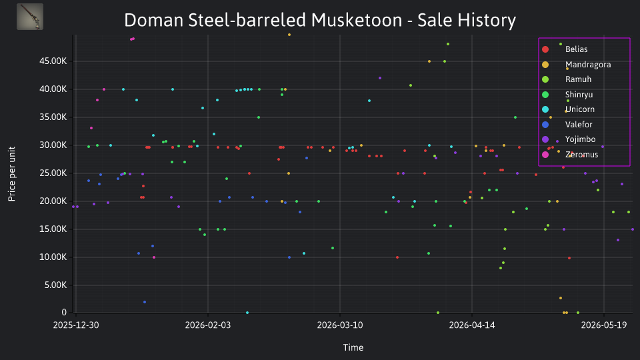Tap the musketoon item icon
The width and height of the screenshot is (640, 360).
click(30, 17)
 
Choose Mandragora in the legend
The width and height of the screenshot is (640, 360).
click(576, 65)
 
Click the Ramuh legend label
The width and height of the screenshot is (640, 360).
click(567, 79)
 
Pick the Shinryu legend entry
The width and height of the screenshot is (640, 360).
click(567, 95)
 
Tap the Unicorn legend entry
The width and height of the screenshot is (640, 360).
click(568, 109)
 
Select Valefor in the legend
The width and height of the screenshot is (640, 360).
click(567, 125)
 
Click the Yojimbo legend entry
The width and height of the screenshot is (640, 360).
click(569, 139)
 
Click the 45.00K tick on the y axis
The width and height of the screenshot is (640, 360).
click(53, 61)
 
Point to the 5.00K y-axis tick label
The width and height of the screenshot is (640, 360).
click(55, 285)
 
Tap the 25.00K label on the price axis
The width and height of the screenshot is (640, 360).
click(53, 173)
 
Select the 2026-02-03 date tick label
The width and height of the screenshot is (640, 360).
click(208, 325)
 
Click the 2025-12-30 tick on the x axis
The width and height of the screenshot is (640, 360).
click(76, 325)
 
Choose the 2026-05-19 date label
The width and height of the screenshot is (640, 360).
click(604, 325)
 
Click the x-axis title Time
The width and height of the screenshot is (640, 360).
click(353, 347)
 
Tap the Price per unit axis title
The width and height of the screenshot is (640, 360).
click(11, 174)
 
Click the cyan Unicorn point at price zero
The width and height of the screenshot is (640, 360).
click(247, 313)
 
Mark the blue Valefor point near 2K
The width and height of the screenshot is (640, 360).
click(145, 302)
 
